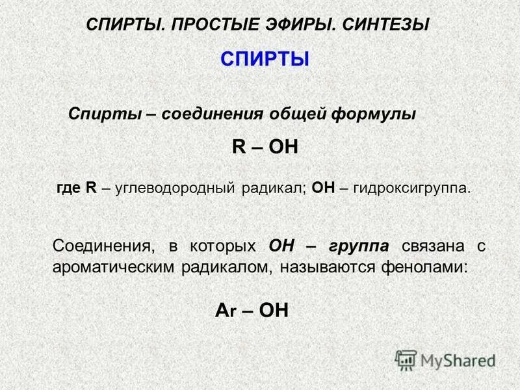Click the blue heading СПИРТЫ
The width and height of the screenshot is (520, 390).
pos(265,60)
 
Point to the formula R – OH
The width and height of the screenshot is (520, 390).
pos(265,146)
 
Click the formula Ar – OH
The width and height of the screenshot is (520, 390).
pos(251,311)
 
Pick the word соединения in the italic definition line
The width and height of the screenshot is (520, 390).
pos(211,114)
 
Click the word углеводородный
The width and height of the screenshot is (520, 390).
pos(177,188)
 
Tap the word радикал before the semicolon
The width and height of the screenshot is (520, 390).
pos(274,188)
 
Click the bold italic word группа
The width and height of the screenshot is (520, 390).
pos(359,246)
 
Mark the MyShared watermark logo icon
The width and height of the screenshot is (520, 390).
pos(406,359)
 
